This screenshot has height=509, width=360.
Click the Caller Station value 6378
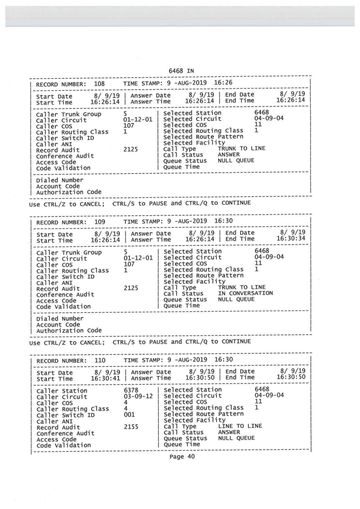click(132, 390)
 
